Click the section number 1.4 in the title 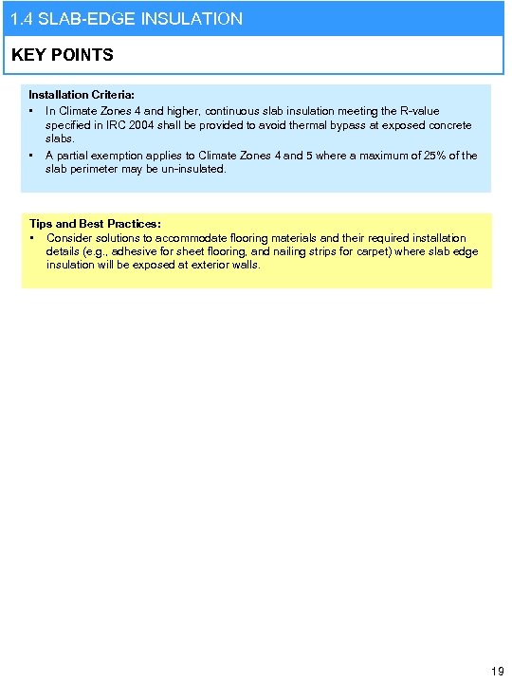tap(21, 18)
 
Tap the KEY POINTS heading tap(63, 55)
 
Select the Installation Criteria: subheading tap(82, 96)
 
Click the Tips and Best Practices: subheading tap(95, 224)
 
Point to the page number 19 tap(497, 671)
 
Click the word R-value tap(417, 111)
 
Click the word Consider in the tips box tap(70, 238)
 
